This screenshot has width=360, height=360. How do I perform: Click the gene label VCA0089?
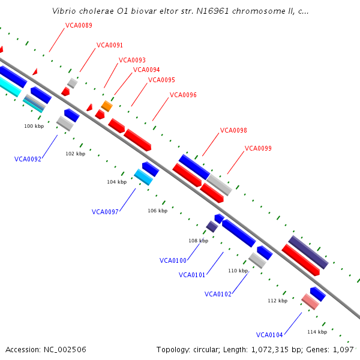(x=79, y=25)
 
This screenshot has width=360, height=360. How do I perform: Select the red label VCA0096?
(x=183, y=95)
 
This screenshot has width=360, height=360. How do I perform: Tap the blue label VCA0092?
(x=28, y=159)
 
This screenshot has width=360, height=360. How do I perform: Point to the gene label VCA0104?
(x=269, y=335)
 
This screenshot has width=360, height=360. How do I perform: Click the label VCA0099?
(x=258, y=148)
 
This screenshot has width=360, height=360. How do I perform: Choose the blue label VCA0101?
(x=192, y=275)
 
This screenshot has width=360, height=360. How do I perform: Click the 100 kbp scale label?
(x=34, y=126)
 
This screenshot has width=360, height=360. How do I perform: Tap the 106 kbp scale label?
(x=157, y=211)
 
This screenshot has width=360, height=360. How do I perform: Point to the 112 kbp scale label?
(x=277, y=301)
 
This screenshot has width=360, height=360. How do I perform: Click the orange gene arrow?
(x=107, y=106)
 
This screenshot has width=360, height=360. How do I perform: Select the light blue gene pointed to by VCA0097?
(x=143, y=176)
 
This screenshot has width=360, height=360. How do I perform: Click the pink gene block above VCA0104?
(x=310, y=301)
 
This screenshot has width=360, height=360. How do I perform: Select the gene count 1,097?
(x=343, y=349)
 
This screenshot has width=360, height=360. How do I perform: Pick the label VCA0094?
(x=146, y=70)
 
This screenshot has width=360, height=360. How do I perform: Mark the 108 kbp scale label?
(x=198, y=241)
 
